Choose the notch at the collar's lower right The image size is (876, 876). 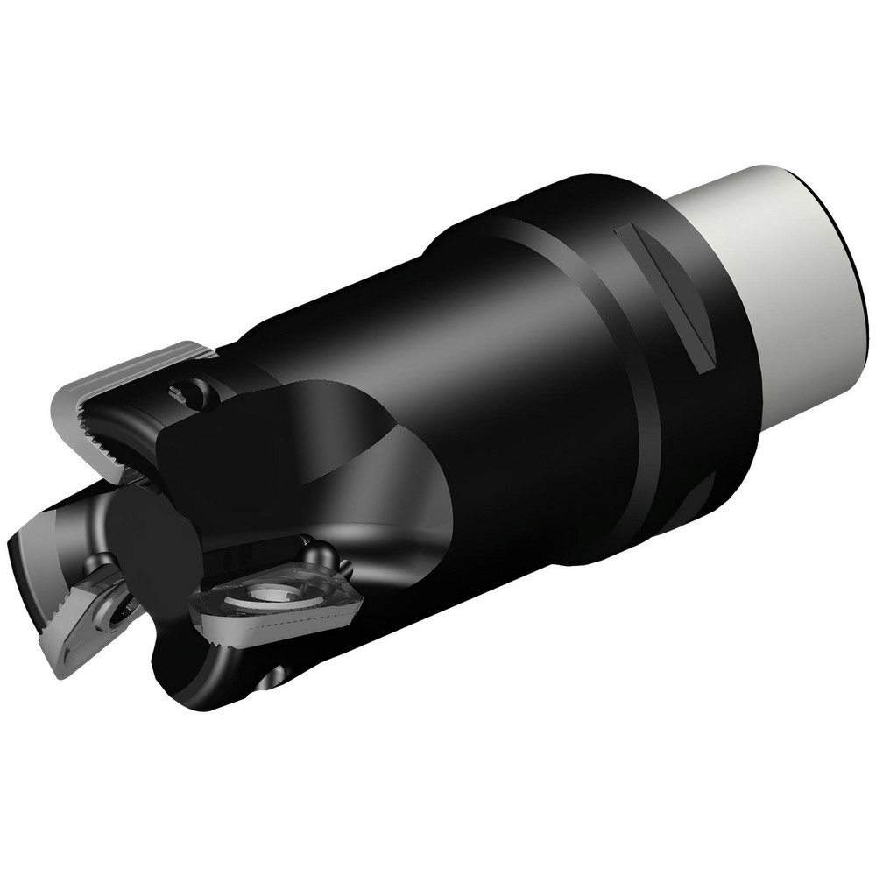click(x=701, y=508)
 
